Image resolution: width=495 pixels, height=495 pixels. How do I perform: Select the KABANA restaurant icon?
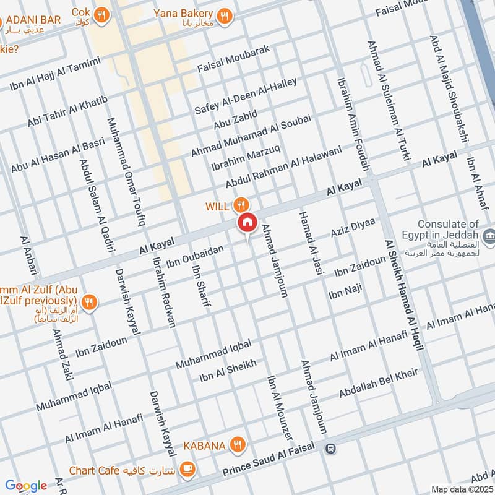click(x=236, y=444)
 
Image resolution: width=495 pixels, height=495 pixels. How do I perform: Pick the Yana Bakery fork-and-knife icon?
click(x=225, y=14)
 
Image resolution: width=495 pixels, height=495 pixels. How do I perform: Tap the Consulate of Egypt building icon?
click(x=489, y=235)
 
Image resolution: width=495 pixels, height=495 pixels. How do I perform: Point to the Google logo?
click(x=26, y=486)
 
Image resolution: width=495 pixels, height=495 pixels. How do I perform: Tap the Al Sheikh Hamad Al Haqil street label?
click(x=404, y=296)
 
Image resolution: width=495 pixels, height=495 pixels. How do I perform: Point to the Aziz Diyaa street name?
click(x=353, y=231)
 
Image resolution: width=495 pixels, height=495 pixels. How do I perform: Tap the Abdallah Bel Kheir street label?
click(x=378, y=384)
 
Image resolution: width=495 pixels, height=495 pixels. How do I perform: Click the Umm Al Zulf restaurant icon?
click(x=90, y=302)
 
